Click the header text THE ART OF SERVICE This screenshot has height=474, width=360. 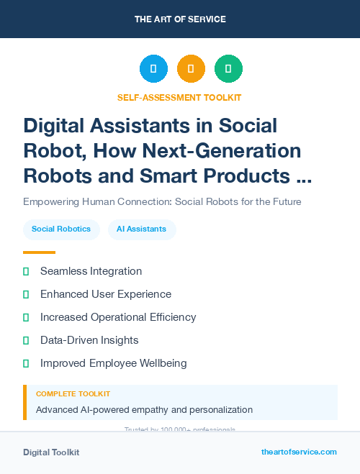pyautogui.click(x=180, y=19)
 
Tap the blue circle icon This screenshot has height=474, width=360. pyautogui.click(x=153, y=69)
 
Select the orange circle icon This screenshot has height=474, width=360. pyautogui.click(x=191, y=69)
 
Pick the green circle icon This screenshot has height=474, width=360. pyautogui.click(x=228, y=69)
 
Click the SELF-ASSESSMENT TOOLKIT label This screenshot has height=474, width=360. pyautogui.click(x=179, y=97)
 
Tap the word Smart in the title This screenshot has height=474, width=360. pyautogui.click(x=186, y=175)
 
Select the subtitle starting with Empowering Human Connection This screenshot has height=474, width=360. pyautogui.click(x=162, y=201)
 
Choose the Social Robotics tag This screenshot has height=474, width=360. pyautogui.click(x=61, y=229)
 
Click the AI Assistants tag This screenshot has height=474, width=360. pyautogui.click(x=142, y=229)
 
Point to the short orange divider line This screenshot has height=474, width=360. pyautogui.click(x=39, y=252)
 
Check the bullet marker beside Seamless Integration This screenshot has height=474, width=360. pyautogui.click(x=26, y=271)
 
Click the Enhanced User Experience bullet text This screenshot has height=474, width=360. pyautogui.click(x=105, y=294)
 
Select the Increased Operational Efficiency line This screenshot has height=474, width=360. pyautogui.click(x=118, y=317)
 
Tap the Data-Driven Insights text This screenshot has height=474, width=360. pyautogui.click(x=89, y=340)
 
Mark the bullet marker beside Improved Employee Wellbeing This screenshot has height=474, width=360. pyautogui.click(x=26, y=363)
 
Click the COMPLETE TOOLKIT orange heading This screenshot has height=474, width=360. pyautogui.click(x=73, y=394)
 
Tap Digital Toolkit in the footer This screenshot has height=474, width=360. pyautogui.click(x=51, y=452)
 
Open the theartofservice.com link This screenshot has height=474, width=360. pyautogui.click(x=299, y=452)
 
